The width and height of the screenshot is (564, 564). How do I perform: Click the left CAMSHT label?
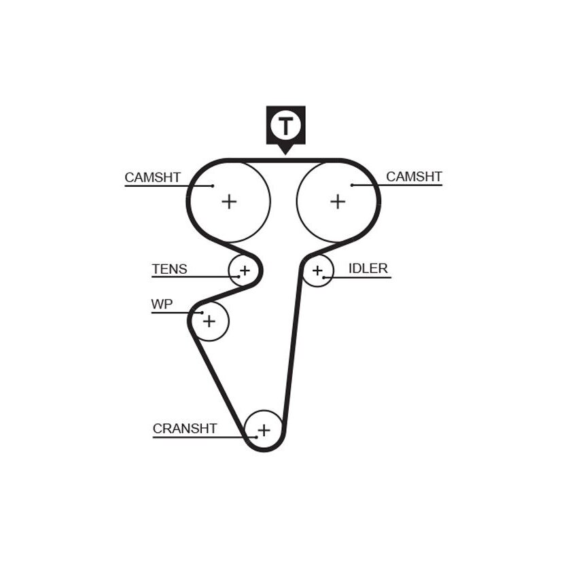[152, 177]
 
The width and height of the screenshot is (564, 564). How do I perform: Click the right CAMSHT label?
[414, 177]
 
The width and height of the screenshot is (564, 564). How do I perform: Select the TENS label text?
[169, 269]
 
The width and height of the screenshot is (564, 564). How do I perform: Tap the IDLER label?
[368, 268]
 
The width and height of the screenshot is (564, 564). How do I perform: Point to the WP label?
[162, 304]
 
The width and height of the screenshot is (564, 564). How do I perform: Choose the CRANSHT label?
[185, 428]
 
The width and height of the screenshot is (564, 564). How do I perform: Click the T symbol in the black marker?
[286, 126]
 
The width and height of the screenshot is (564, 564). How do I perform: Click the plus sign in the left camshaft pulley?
[229, 201]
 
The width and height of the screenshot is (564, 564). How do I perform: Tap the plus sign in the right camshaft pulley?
[338, 201]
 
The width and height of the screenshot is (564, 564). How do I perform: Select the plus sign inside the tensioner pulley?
[245, 270]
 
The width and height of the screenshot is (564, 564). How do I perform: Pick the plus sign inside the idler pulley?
[317, 270]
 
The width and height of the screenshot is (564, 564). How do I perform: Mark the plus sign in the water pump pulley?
[209, 321]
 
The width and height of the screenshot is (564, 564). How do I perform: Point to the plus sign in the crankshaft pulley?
[264, 430]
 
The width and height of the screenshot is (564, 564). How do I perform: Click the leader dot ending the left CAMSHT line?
[213, 186]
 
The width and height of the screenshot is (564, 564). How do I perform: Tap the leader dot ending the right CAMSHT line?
[352, 185]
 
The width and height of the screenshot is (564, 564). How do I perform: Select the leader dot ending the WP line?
[202, 313]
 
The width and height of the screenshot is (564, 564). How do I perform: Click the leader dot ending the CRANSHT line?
[256, 438]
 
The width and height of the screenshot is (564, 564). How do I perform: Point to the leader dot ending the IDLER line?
[323, 277]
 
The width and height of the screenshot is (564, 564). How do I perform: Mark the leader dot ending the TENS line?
[239, 277]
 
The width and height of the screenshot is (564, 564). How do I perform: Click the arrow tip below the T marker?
[285, 155]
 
